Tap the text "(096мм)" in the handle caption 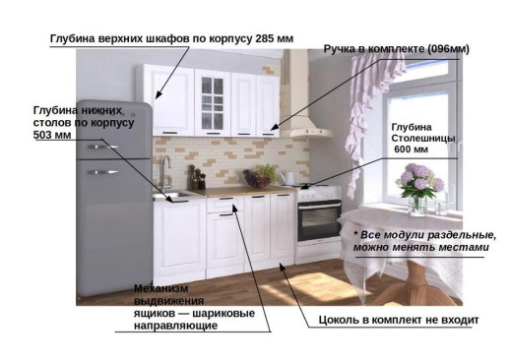(446, 48)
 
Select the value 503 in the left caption (44, 135)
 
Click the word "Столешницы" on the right (423, 140)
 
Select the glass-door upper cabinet (214, 101)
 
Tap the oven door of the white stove (318, 221)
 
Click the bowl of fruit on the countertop (262, 178)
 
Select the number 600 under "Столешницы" (403, 151)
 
